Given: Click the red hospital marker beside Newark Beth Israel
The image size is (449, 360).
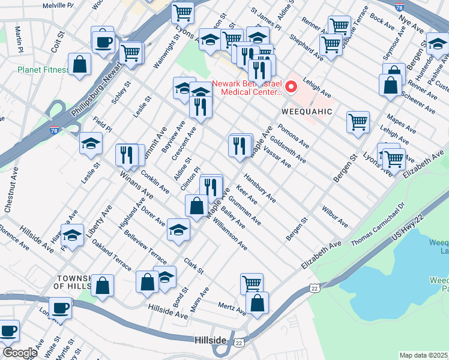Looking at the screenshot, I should [x=292, y=87].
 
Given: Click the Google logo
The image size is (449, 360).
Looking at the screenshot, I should [x=20, y=352].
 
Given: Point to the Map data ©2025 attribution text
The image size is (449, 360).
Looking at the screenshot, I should [x=424, y=355].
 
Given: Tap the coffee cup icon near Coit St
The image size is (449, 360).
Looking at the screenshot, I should [x=103, y=41].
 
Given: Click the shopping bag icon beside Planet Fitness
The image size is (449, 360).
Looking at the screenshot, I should [x=79, y=65].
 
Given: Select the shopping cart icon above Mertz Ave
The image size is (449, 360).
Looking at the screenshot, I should [x=252, y=283].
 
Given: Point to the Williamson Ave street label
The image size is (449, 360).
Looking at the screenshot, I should [x=229, y=235].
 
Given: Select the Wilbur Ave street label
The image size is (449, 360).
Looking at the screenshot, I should [x=334, y=217].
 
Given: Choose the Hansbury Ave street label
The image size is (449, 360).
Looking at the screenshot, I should [x=259, y=188].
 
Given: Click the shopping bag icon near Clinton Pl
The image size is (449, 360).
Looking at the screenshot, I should [x=196, y=206].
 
